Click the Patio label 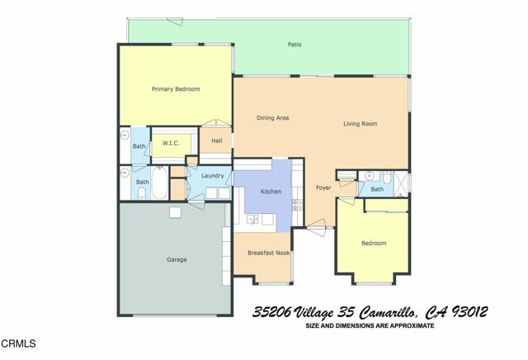point(294,44)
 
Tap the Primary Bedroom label point(176,89)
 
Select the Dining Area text point(272,118)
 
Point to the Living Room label point(361,124)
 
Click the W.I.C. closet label point(171,143)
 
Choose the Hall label point(216,140)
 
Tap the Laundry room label point(213,175)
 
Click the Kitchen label point(271,192)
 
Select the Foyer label point(323,187)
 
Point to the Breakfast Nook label point(268,253)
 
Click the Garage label point(177,259)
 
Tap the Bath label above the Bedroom point(377,189)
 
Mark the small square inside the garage point(175,212)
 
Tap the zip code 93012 point(468,312)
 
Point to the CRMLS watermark point(16,342)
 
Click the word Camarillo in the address point(383,312)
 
